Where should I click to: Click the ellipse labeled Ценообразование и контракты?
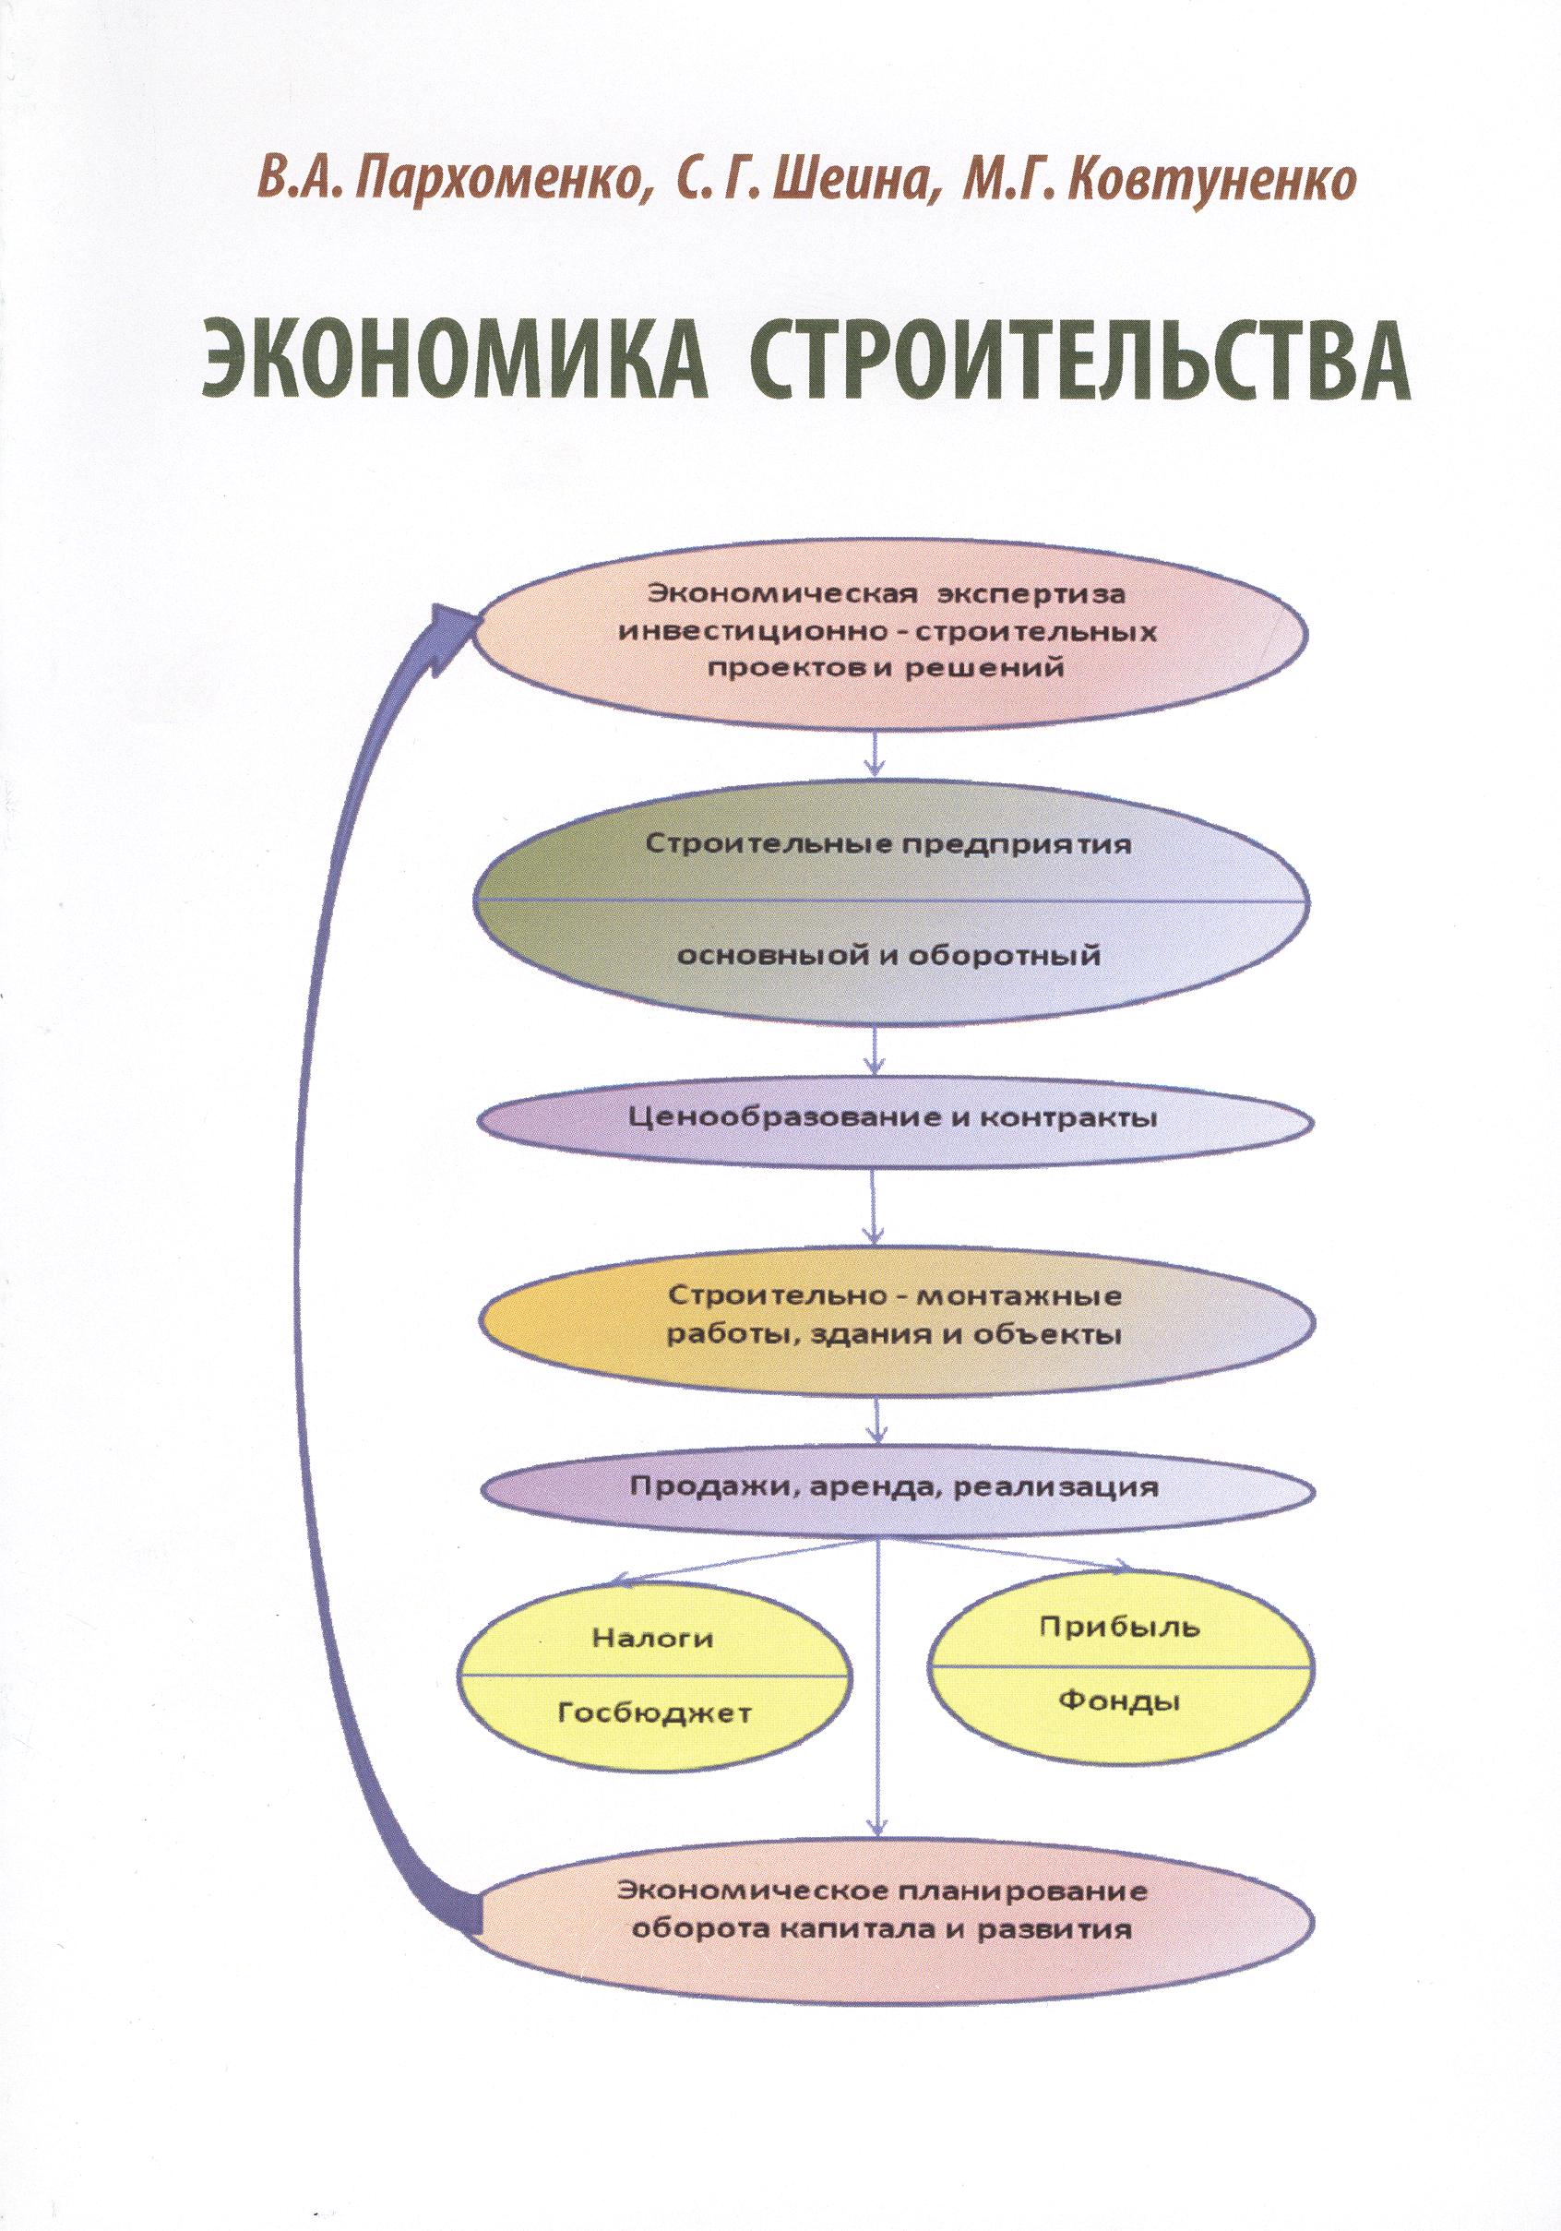(895, 1118)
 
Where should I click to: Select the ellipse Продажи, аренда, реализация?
(895, 1515)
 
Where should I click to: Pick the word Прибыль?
(1120, 1626)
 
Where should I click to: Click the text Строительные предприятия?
(889, 844)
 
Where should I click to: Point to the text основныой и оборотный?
(888, 956)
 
